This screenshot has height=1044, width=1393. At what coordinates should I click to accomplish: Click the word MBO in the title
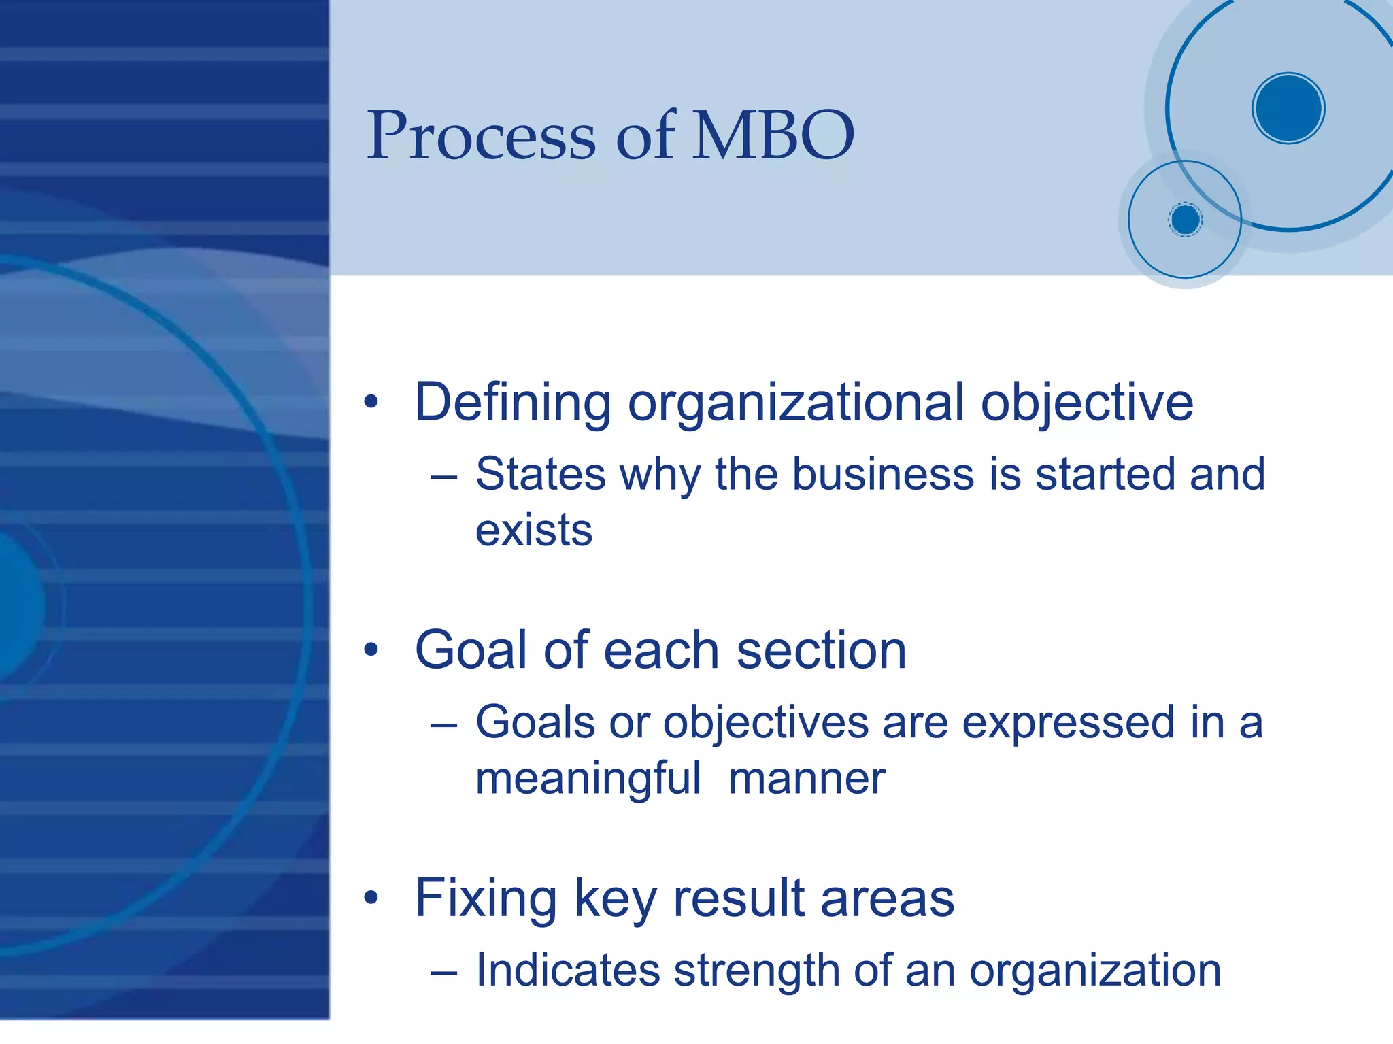click(773, 135)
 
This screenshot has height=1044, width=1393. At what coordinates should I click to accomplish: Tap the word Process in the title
click(482, 135)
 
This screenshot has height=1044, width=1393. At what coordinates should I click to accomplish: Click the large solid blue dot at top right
click(1288, 108)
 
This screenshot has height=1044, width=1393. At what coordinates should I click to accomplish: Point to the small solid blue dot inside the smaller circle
click(1185, 220)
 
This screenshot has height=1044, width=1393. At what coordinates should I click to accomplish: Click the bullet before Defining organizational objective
click(371, 402)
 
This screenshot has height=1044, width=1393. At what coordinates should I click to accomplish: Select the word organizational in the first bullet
click(796, 402)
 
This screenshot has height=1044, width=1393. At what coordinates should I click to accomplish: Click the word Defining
click(513, 402)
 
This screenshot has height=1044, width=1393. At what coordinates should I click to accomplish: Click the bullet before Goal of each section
click(371, 650)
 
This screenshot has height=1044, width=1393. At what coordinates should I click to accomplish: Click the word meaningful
click(588, 779)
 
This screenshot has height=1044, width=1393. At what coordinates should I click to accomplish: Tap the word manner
click(807, 779)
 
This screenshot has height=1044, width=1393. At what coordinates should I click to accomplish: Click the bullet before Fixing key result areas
click(371, 898)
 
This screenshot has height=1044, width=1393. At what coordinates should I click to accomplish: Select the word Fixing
click(486, 898)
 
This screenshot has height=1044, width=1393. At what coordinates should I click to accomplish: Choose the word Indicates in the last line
click(568, 970)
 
